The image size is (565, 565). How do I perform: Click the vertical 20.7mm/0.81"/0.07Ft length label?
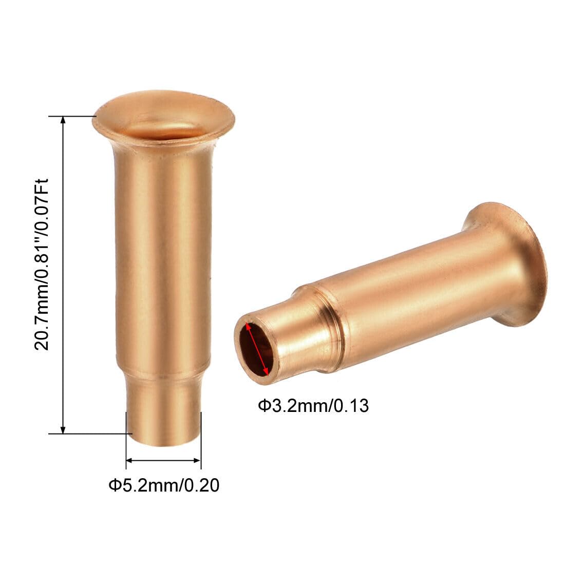click(x=41, y=265)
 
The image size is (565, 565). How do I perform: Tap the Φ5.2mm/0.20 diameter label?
click(x=163, y=484)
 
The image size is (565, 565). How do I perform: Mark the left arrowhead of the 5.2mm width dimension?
click(x=130, y=461)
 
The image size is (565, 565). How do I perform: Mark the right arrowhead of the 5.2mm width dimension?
click(x=197, y=461)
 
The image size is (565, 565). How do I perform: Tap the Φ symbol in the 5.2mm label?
click(x=114, y=484)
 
